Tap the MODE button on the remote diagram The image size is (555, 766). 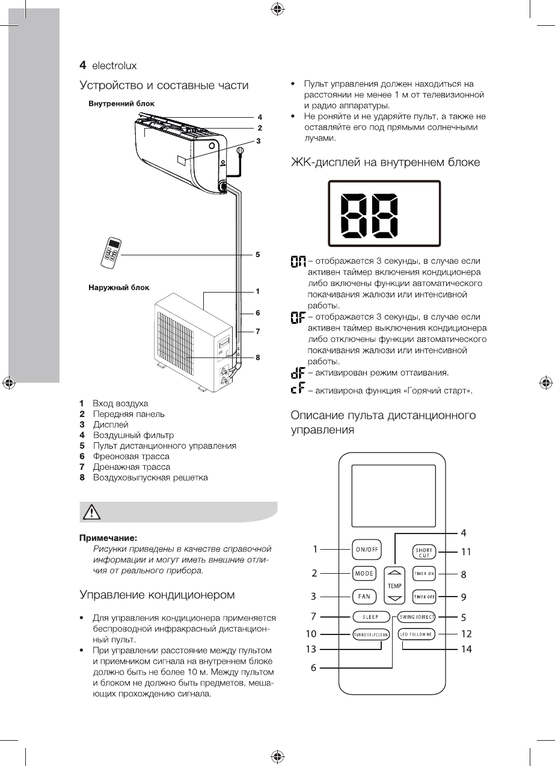364,573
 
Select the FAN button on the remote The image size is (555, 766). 364,597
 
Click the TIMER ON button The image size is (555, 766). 424,573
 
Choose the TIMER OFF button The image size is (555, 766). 424,597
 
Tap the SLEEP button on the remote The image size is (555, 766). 370,616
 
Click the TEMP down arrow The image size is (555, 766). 394,598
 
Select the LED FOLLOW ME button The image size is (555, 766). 417,634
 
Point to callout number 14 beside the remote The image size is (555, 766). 467,649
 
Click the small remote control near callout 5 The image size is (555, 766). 112,252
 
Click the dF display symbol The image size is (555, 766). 297,374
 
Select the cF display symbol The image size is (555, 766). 297,391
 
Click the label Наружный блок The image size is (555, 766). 115,288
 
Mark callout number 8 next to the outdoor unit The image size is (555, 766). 257,357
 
